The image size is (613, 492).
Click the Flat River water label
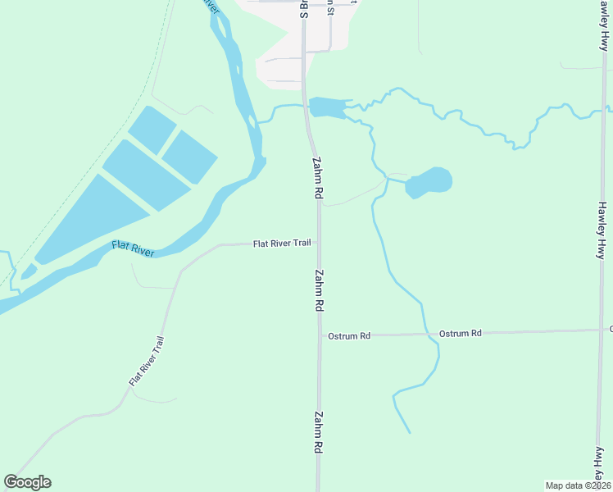click(x=133, y=249)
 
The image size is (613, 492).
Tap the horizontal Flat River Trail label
click(x=283, y=244)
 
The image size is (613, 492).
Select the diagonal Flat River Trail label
click(x=147, y=362)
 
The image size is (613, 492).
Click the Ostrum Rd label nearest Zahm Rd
click(x=349, y=336)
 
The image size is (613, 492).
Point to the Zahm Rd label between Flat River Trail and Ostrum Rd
click(x=320, y=290)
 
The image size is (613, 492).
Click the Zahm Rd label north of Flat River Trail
click(x=316, y=179)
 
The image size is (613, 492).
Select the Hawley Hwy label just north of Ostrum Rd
click(x=602, y=230)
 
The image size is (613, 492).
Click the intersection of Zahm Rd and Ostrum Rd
click(x=320, y=335)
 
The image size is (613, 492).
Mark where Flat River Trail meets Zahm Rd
click(x=319, y=244)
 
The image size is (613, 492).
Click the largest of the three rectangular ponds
click(x=90, y=218)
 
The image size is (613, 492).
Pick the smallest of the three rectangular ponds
click(x=152, y=130)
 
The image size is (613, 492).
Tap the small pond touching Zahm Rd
click(x=327, y=107)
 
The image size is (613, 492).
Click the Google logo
click(x=27, y=482)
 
